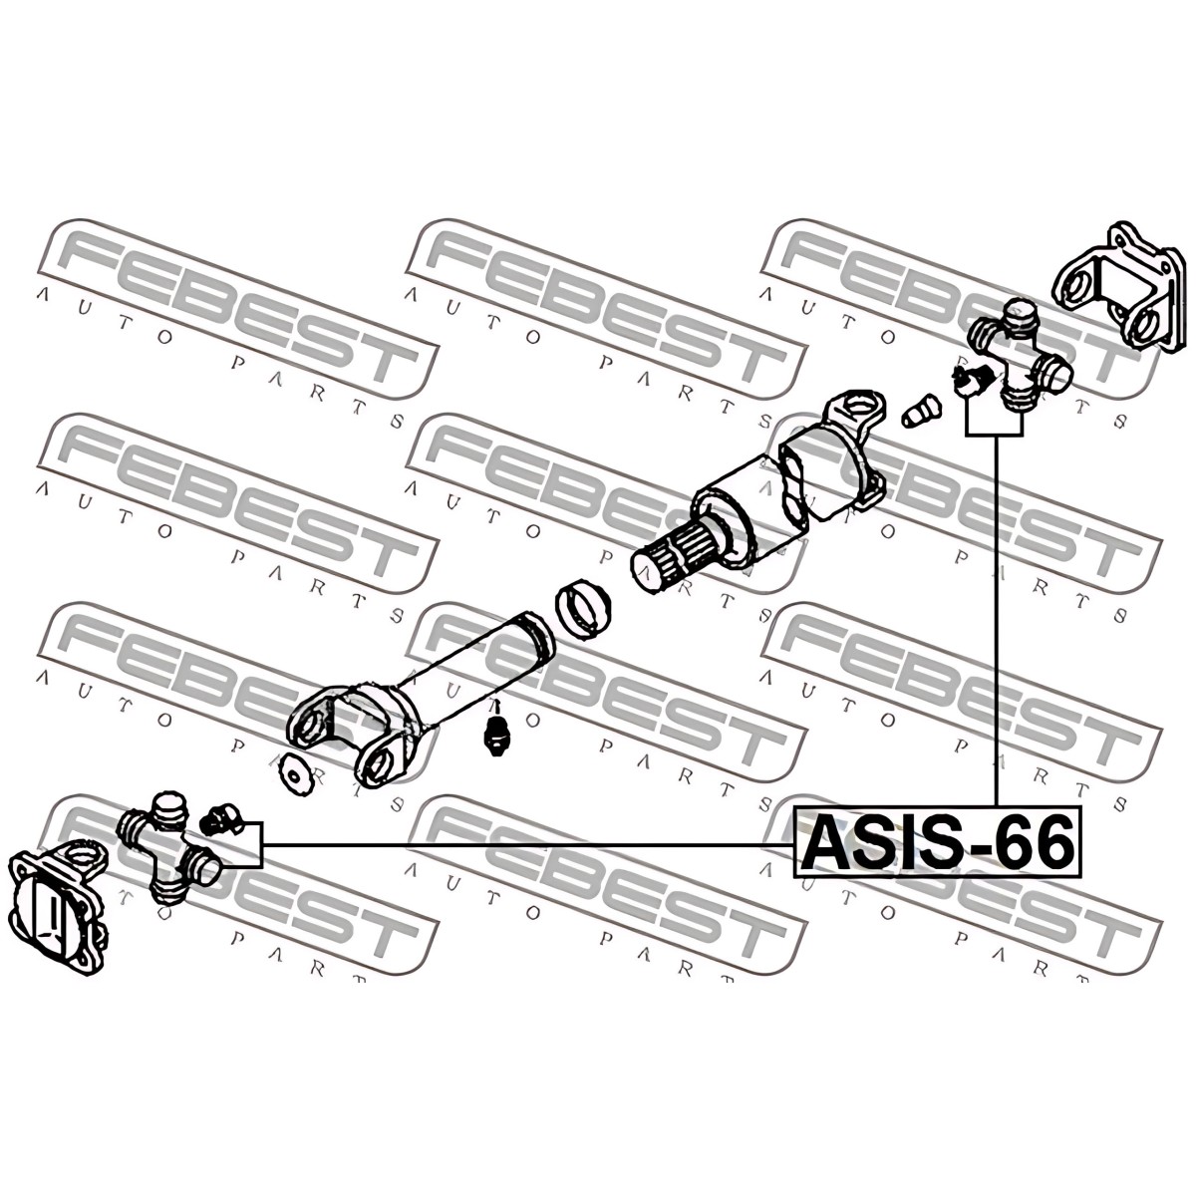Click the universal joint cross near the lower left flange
click(x=167, y=847)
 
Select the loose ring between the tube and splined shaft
click(x=582, y=608)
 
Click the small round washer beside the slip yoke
click(x=295, y=775)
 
